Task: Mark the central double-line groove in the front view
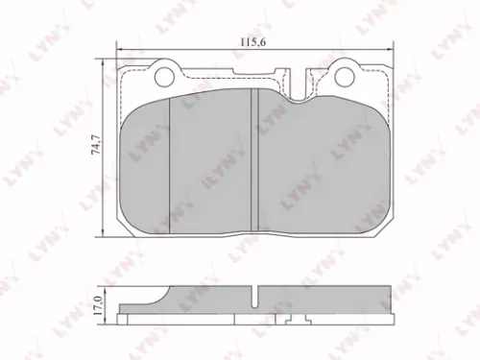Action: point(252,157)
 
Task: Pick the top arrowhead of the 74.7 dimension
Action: point(104,60)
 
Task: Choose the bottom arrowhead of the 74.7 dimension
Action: point(104,235)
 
